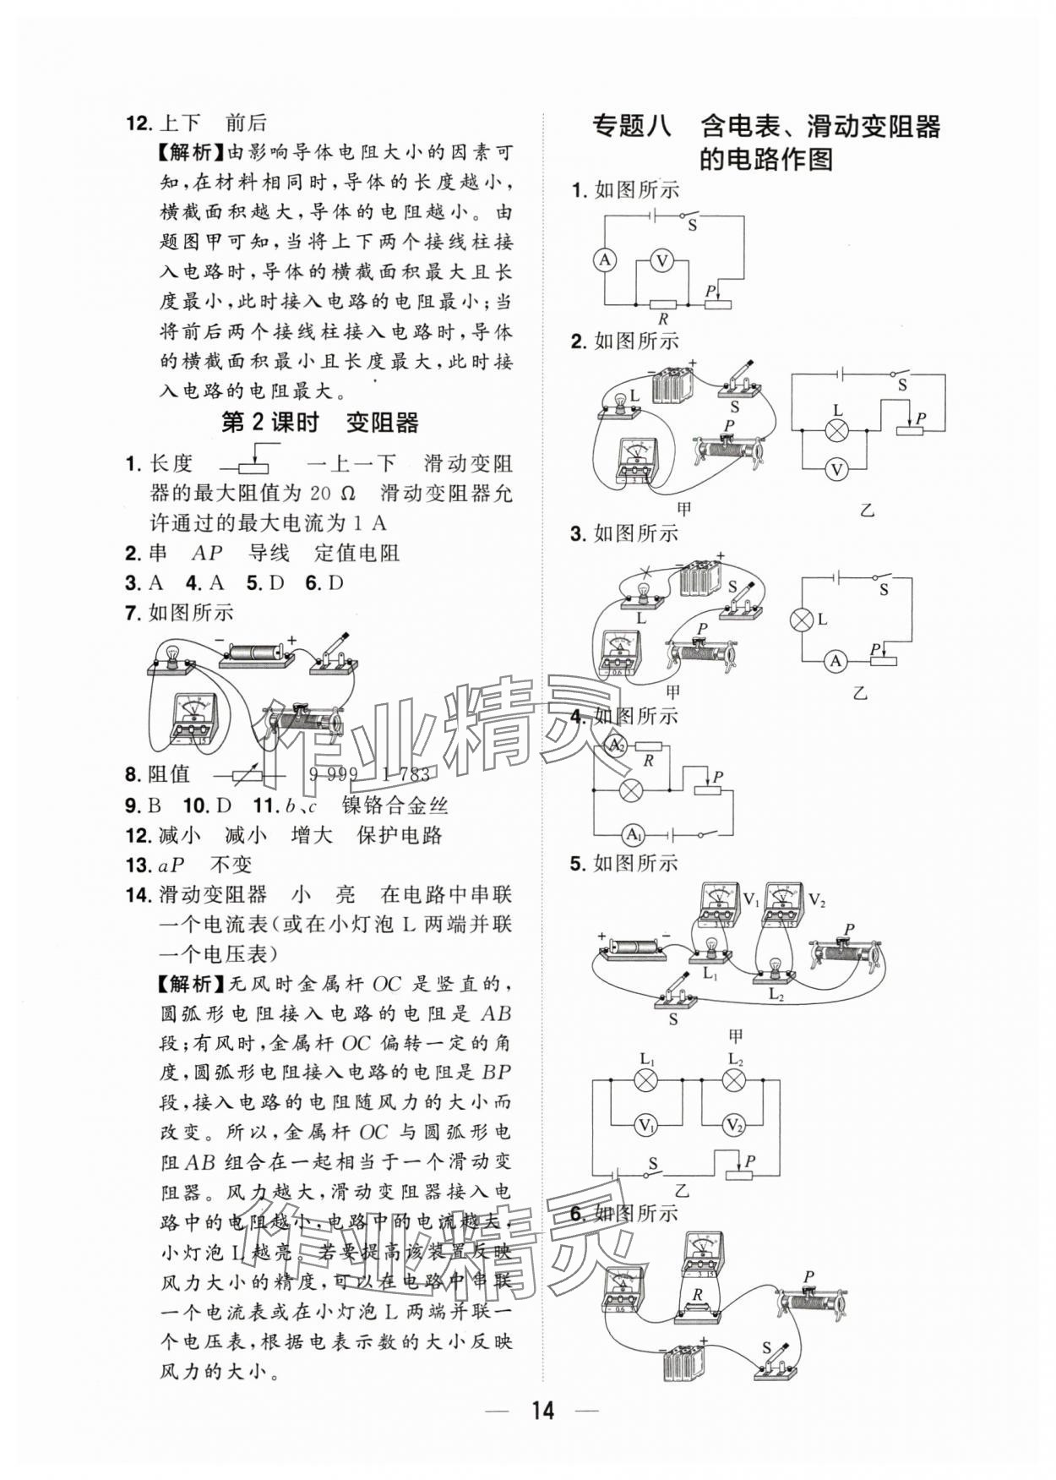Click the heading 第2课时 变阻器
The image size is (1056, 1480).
tap(319, 423)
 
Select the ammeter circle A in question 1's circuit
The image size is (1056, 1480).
tap(605, 260)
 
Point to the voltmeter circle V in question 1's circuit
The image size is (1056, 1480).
tap(662, 262)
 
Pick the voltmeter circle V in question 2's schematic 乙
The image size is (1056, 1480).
tap(836, 470)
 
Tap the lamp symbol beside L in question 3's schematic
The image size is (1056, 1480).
tap(800, 620)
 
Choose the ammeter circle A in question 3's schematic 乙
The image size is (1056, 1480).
tap(836, 661)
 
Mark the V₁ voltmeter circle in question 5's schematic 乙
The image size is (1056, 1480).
tap(647, 1126)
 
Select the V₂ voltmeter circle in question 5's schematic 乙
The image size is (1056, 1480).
tap(733, 1126)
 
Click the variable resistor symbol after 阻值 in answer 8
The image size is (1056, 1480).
tap(251, 776)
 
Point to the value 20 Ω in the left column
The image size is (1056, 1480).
tap(333, 494)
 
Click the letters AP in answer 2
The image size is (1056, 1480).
tap(207, 554)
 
